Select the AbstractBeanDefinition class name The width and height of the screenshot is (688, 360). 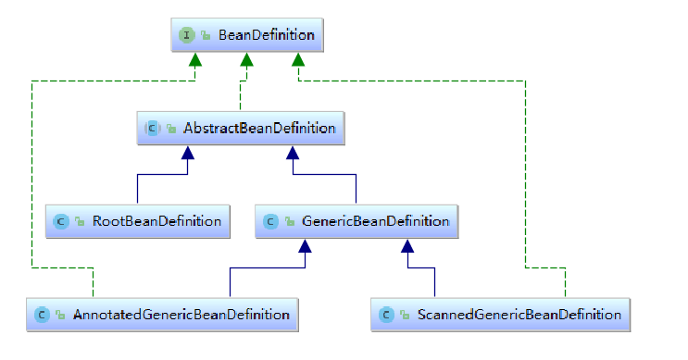pyautogui.click(x=259, y=128)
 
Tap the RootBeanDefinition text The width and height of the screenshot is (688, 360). pyautogui.click(x=156, y=221)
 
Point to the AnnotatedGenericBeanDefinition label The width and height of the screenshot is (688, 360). pyautogui.click(x=181, y=315)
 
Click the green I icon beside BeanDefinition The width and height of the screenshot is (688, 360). pyautogui.click(x=186, y=36)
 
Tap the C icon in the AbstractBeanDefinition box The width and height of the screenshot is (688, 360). pyautogui.click(x=152, y=129)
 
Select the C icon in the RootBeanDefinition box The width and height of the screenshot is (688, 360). pyautogui.click(x=60, y=222)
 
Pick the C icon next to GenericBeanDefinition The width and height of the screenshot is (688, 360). pyautogui.click(x=269, y=222)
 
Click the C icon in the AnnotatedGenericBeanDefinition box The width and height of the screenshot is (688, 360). pyautogui.click(x=42, y=316)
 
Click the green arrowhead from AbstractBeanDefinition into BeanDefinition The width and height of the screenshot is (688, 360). pyautogui.click(x=246, y=61)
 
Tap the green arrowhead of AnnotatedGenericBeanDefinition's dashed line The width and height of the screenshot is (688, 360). pyautogui.click(x=195, y=61)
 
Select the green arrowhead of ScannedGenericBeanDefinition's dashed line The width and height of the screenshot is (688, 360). pyautogui.click(x=297, y=61)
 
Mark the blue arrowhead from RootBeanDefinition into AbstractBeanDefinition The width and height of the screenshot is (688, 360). pyautogui.click(x=188, y=154)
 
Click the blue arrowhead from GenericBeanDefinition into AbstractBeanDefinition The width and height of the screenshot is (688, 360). pyautogui.click(x=293, y=154)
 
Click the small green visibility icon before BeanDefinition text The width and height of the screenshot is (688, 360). pyautogui.click(x=206, y=37)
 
